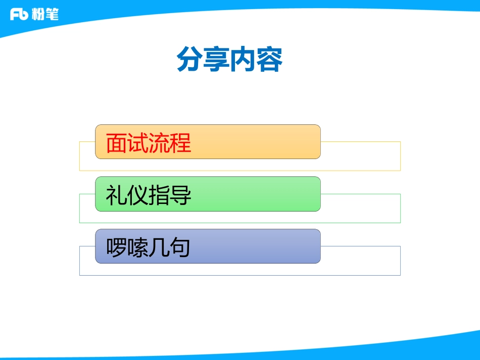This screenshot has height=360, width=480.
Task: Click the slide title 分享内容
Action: (x=229, y=60)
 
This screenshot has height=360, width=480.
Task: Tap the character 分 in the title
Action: (x=189, y=60)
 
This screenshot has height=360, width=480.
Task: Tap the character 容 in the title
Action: (x=269, y=60)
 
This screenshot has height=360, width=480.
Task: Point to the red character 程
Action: (x=180, y=143)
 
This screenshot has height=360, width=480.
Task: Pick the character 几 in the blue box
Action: (x=159, y=248)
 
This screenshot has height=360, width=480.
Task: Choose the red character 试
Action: (x=138, y=143)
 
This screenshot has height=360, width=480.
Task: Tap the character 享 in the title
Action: (x=216, y=60)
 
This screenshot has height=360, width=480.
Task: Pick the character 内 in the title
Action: (x=243, y=60)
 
